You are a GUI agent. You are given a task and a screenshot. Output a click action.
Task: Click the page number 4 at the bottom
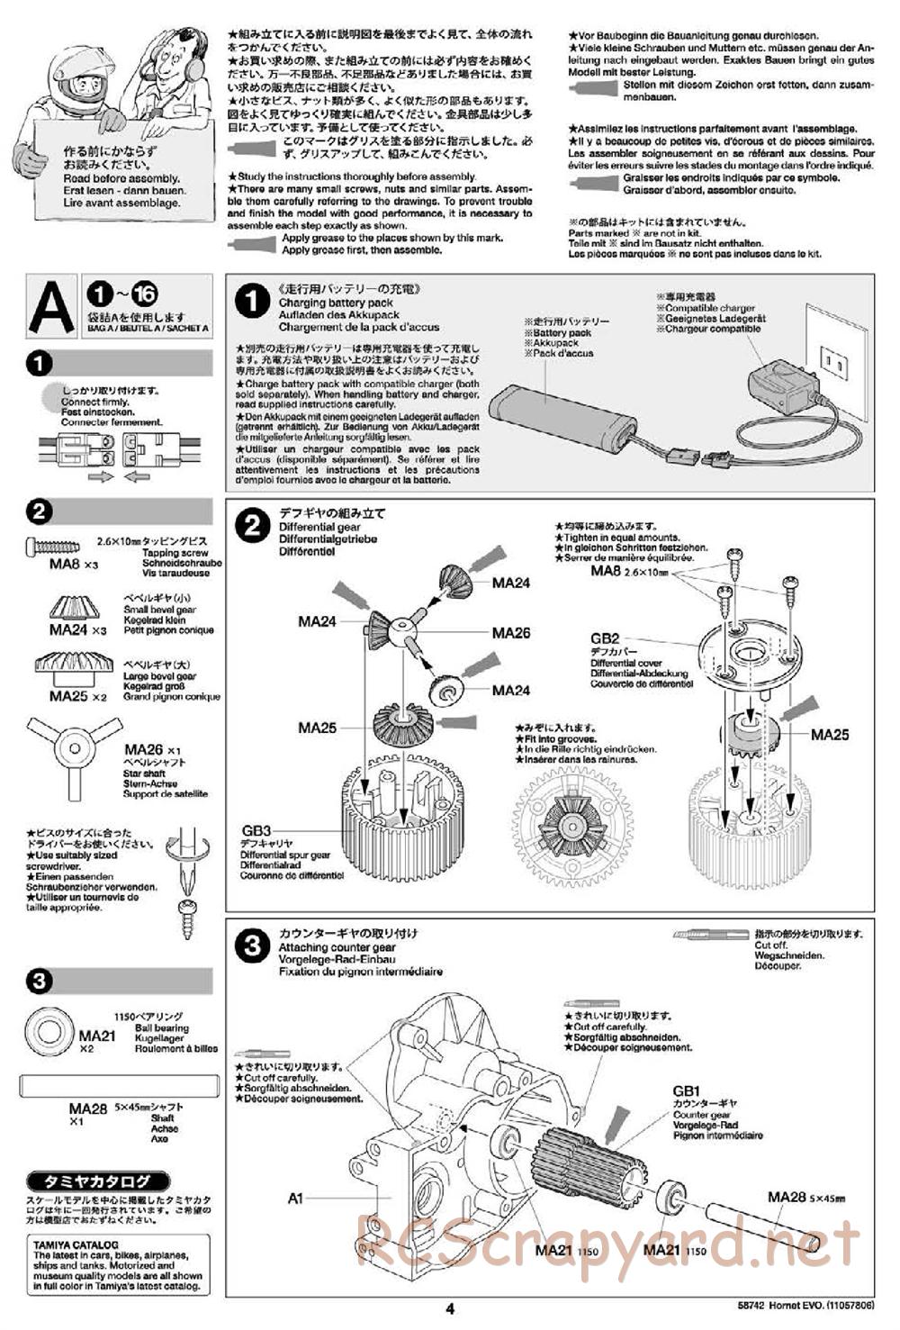(450, 1308)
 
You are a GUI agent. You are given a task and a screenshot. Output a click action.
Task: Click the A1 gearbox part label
(295, 1198)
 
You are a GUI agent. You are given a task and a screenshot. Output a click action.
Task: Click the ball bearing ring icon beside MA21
(52, 1028)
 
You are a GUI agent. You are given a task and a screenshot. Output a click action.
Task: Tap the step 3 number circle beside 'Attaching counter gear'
(253, 945)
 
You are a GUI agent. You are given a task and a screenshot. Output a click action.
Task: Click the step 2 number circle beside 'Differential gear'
(253, 525)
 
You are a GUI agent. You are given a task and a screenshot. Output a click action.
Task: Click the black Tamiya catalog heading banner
(85, 1181)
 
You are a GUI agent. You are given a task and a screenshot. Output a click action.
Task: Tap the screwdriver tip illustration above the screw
(189, 861)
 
